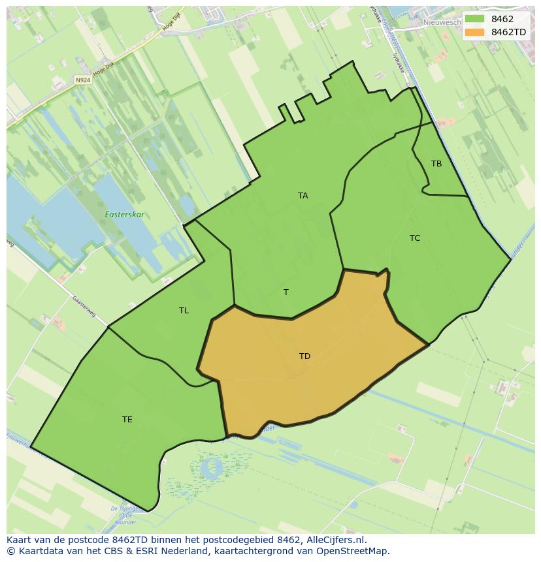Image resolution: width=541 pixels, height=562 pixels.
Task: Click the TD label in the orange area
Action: pyautogui.click(x=304, y=356)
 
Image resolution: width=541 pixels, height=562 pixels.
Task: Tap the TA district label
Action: pyautogui.click(x=303, y=195)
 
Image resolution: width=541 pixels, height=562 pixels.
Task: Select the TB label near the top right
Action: pyautogui.click(x=436, y=163)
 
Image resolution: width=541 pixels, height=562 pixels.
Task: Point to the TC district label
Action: pyautogui.click(x=415, y=238)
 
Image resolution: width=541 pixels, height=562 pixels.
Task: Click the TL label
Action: pyautogui.click(x=184, y=310)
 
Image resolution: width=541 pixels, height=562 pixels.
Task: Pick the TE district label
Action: pyautogui.click(x=127, y=419)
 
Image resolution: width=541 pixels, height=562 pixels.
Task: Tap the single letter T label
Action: pyautogui.click(x=286, y=292)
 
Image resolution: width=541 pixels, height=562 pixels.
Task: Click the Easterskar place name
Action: pyautogui.click(x=125, y=214)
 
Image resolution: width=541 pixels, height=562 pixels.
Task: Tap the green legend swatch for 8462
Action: pyautogui.click(x=475, y=19)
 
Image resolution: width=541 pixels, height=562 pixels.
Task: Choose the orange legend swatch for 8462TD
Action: pyautogui.click(x=475, y=31)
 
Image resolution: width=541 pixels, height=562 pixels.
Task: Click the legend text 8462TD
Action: pyautogui.click(x=508, y=31)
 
